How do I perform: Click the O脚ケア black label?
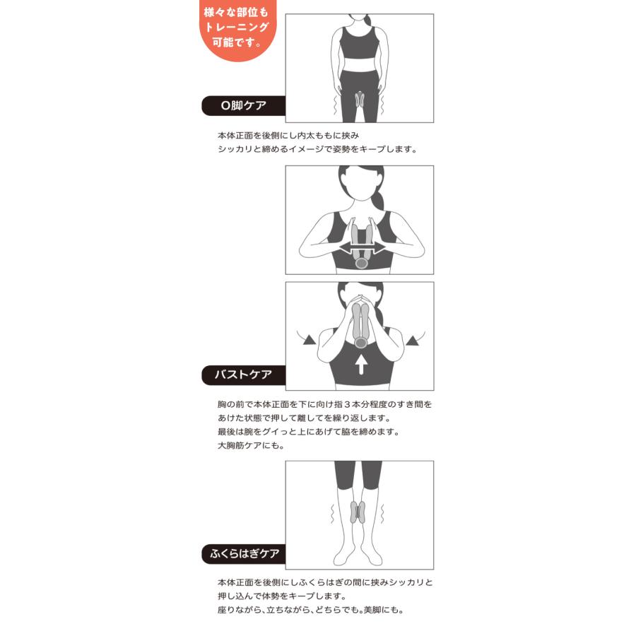(x=243, y=106)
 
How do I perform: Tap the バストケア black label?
(x=243, y=375)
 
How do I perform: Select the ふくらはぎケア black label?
(x=243, y=553)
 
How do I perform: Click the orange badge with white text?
(x=237, y=28)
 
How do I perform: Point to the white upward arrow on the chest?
(x=361, y=364)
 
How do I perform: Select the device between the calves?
(x=358, y=512)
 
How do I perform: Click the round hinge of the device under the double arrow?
(x=361, y=264)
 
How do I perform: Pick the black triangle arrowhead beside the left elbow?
(x=310, y=340)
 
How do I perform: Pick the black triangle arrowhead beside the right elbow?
(x=413, y=341)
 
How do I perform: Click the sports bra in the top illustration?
(x=358, y=44)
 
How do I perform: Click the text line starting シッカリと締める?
(x=317, y=149)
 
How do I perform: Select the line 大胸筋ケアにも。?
(x=251, y=446)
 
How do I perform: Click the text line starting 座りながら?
(x=311, y=610)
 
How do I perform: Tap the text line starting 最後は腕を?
(x=309, y=432)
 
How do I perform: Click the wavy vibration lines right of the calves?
(x=382, y=514)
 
